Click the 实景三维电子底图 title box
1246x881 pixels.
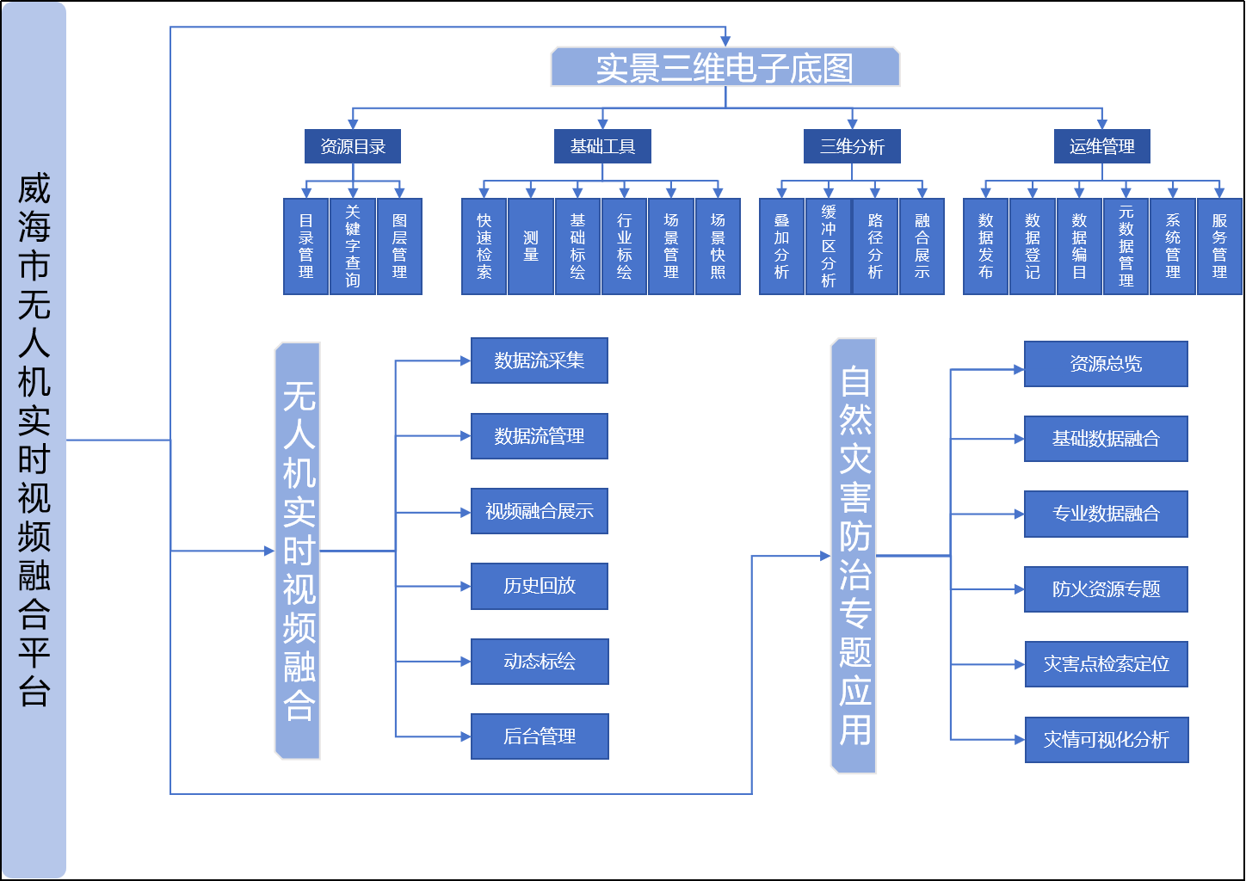click(725, 67)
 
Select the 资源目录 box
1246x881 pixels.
click(353, 146)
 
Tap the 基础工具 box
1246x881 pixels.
click(602, 146)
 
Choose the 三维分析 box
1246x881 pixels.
click(852, 146)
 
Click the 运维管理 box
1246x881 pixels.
click(1102, 146)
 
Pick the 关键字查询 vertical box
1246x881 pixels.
click(353, 246)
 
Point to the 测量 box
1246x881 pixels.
click(531, 246)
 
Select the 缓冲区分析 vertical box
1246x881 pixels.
click(828, 246)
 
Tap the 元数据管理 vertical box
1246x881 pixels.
click(1126, 246)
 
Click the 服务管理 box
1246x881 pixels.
click(1219, 246)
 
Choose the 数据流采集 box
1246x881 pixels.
click(540, 360)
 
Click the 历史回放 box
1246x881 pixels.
click(540, 586)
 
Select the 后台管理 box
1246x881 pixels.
click(540, 736)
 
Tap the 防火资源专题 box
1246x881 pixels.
click(1106, 589)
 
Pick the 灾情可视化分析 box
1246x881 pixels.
click(1107, 740)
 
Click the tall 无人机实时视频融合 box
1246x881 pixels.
click(298, 551)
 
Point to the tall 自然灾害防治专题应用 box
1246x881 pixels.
click(854, 556)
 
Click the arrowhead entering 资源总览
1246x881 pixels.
click(1019, 370)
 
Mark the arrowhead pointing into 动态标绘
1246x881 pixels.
click(466, 662)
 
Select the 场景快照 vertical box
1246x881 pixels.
click(718, 246)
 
